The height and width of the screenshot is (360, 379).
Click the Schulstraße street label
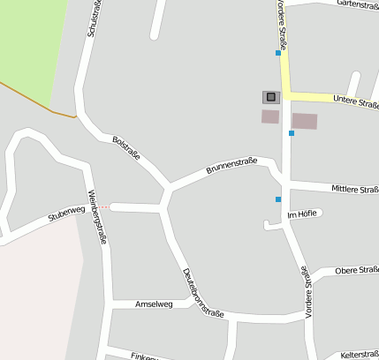[92, 18]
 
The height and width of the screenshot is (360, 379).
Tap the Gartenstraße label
[358, 5]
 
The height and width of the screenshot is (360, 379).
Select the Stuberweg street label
[67, 215]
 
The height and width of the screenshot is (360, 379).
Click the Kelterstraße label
[358, 353]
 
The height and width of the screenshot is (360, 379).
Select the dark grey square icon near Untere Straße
[270, 97]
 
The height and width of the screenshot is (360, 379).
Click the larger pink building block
[304, 121]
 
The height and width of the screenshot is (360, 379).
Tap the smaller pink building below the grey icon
[270, 116]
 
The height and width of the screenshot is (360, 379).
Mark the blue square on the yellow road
[278, 53]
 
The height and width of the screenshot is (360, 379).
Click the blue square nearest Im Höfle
[278, 199]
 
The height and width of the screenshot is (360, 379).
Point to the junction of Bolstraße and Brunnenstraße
[167, 188]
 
